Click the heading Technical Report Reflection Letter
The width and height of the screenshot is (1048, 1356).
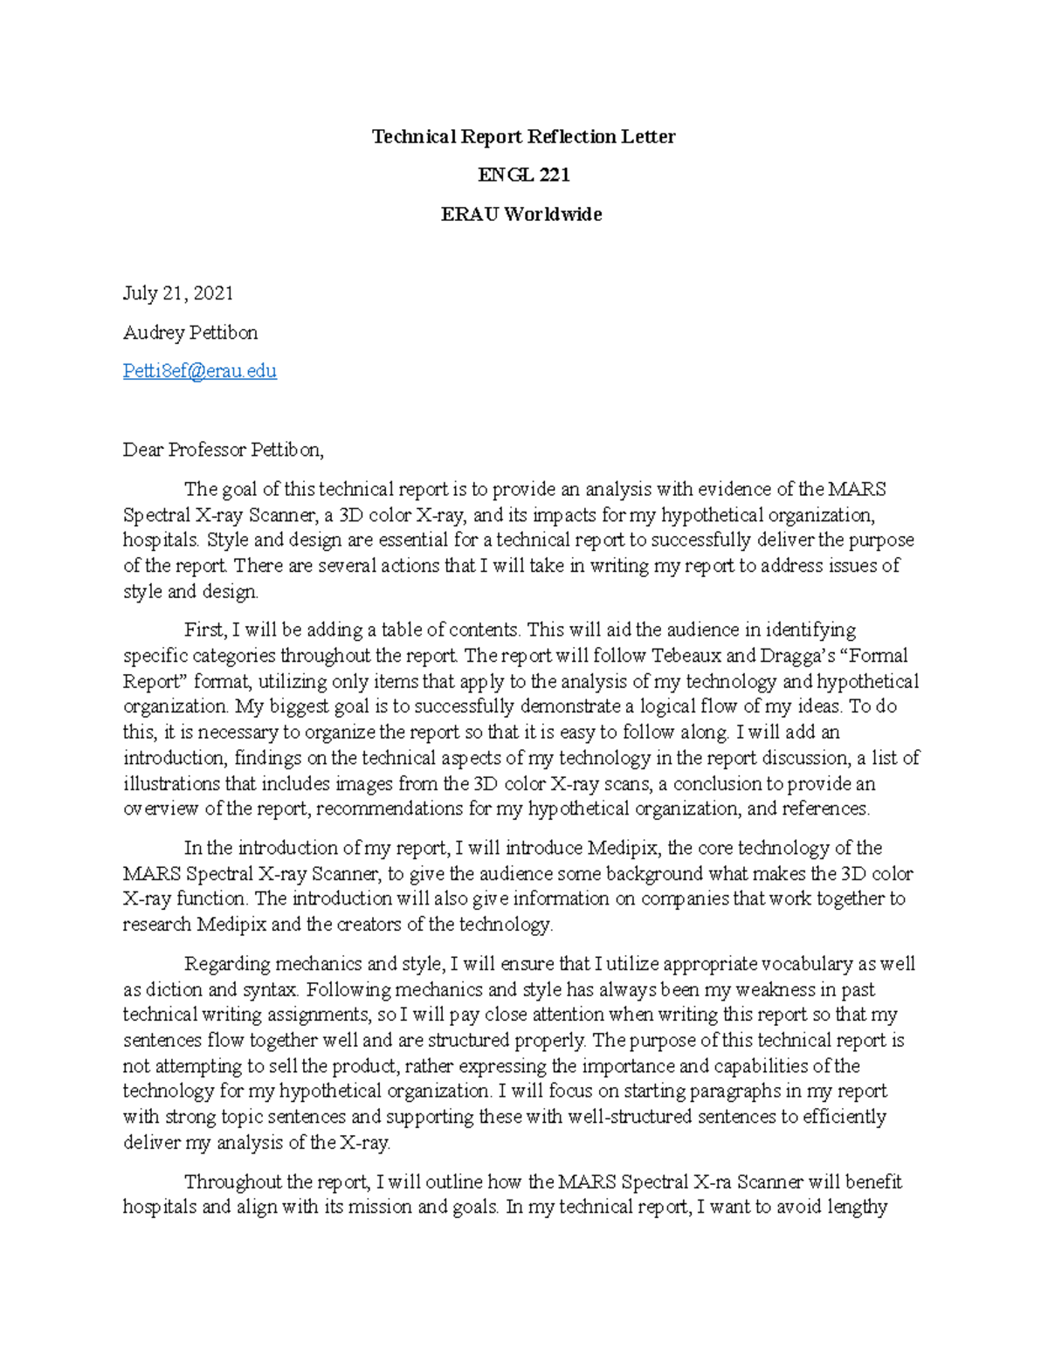(x=523, y=137)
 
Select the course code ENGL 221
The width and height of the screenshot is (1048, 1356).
(x=523, y=176)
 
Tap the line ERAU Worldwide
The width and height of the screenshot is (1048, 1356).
(x=521, y=215)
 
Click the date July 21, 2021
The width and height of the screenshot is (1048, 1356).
(x=178, y=293)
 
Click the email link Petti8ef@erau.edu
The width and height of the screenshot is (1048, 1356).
(x=200, y=371)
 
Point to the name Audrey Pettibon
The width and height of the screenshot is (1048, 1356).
(x=190, y=333)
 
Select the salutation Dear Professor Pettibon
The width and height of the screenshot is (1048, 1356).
(x=224, y=451)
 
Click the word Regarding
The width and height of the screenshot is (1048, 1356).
(x=228, y=965)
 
